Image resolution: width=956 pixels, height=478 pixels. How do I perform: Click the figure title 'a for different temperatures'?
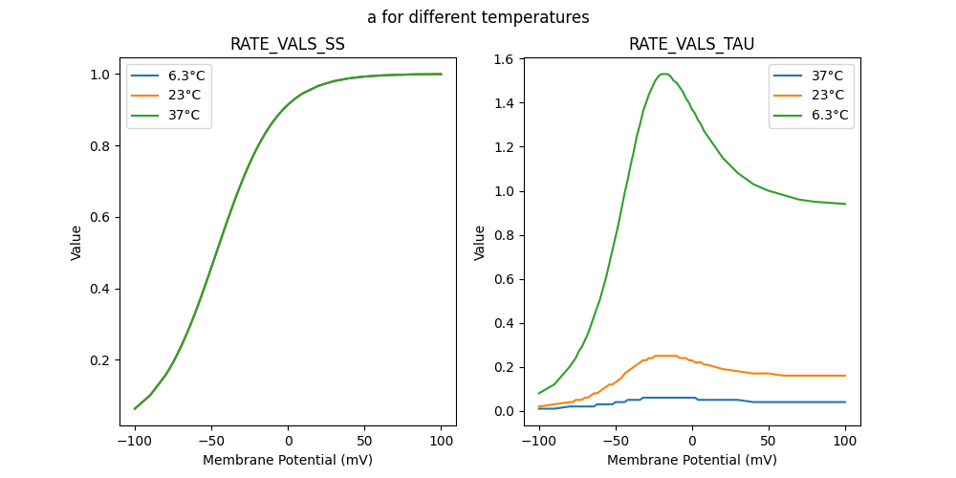click(478, 17)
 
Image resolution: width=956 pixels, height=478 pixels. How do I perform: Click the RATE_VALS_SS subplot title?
click(288, 45)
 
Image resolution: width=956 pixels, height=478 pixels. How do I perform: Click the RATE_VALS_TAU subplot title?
click(691, 45)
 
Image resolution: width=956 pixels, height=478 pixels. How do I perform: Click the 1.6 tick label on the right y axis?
click(503, 59)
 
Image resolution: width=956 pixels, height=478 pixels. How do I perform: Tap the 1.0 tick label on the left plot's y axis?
click(99, 75)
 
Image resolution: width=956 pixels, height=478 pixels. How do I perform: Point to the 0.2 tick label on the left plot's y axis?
click(99, 360)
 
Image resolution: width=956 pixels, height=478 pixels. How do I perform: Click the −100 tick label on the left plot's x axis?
click(135, 441)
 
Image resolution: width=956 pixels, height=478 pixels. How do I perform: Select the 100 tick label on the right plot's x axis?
click(845, 441)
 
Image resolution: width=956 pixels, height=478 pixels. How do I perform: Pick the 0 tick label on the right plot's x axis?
click(692, 441)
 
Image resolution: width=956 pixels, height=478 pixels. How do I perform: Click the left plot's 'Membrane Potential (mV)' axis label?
click(288, 460)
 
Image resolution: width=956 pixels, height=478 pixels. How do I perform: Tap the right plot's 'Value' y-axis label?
click(480, 243)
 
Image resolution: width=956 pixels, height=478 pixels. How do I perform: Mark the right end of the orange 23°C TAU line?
click(845, 376)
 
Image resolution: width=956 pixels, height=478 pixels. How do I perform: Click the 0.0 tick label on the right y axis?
click(503, 411)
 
